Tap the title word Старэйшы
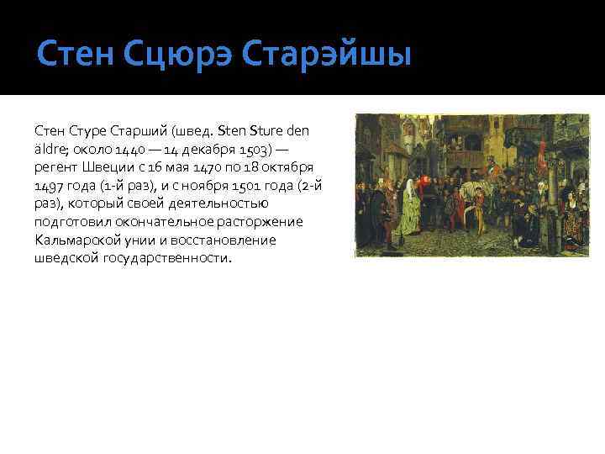click(x=326, y=56)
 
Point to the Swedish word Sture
click(x=272, y=131)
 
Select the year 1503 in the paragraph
click(x=255, y=150)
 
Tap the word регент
click(x=55, y=168)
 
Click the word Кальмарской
click(x=76, y=240)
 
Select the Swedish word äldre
click(x=50, y=150)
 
